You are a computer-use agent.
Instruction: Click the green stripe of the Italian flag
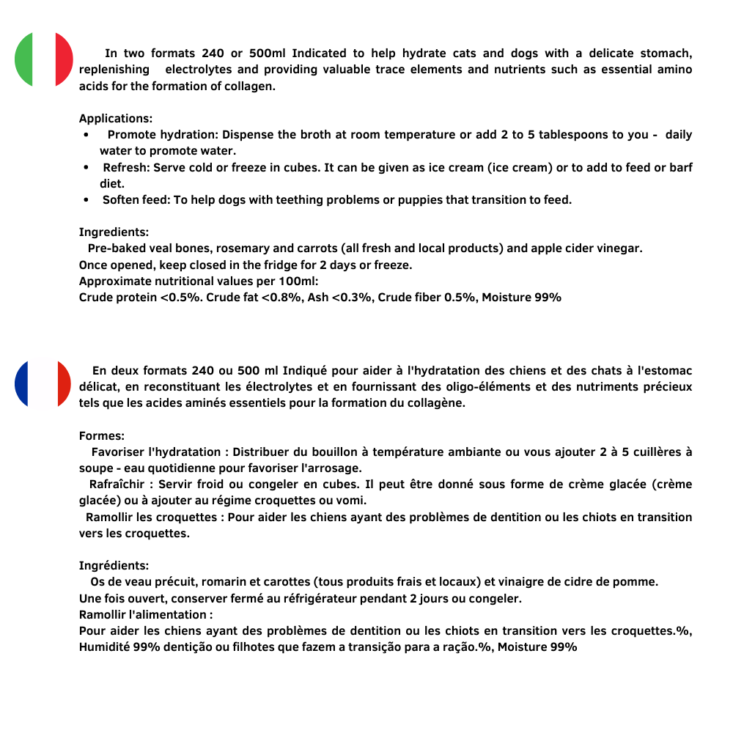click(x=24, y=59)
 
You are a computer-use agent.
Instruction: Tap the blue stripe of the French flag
click(x=23, y=383)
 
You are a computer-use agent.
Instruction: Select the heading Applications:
click(x=116, y=119)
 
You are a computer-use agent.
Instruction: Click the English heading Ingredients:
click(x=114, y=232)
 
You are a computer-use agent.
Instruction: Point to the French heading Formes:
click(x=102, y=436)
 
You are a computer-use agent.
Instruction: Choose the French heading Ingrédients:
click(x=114, y=565)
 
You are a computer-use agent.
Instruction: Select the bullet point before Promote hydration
click(x=86, y=136)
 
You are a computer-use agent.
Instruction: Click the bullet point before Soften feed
click(x=86, y=200)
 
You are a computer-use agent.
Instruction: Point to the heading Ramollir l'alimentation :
click(x=146, y=614)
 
